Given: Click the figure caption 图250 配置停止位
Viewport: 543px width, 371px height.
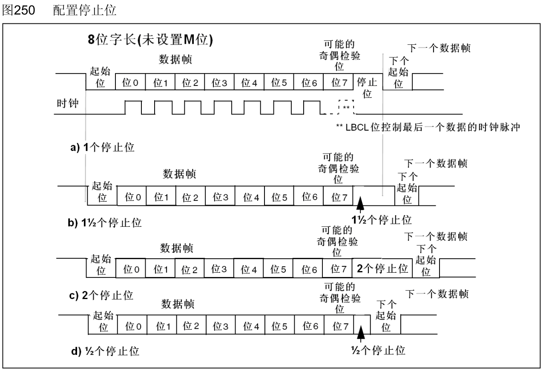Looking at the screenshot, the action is [59, 11].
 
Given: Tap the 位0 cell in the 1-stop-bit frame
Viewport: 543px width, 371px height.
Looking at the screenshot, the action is [130, 83].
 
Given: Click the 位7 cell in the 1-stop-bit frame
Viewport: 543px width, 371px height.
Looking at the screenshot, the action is [338, 83].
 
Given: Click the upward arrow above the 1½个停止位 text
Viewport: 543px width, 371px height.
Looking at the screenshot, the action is [361, 203].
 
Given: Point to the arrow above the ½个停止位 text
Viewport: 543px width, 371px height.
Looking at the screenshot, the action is [361, 333].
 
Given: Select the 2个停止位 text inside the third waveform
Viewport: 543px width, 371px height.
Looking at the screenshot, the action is [382, 268].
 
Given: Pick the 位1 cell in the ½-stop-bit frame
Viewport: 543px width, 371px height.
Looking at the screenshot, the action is [161, 326].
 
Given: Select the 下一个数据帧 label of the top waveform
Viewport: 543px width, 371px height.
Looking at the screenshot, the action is [439, 47].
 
